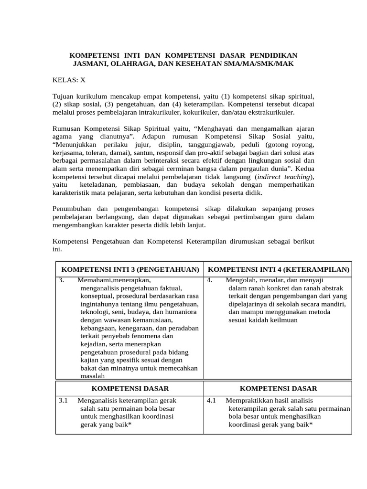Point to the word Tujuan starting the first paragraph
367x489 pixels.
[x=64, y=96]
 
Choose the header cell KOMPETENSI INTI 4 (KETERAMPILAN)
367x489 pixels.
[x=279, y=270]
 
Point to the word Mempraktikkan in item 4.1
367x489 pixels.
[x=248, y=400]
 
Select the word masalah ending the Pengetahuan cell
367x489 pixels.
[x=93, y=376]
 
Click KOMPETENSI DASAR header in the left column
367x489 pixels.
[x=130, y=389]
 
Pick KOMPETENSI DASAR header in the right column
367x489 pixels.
[x=279, y=389]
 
